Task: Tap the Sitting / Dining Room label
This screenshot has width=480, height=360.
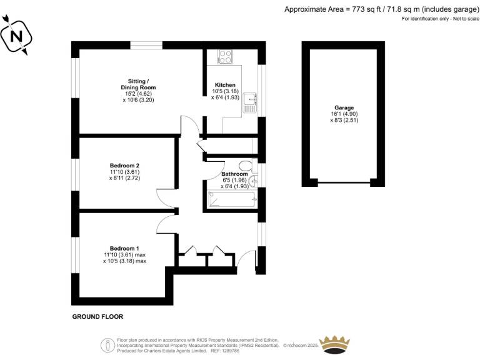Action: click(138, 84)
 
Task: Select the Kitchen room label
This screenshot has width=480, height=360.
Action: click(225, 85)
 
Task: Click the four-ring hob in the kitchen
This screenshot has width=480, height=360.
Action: click(226, 57)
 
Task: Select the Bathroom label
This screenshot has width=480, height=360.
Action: click(234, 174)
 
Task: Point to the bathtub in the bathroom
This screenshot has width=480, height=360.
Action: click(232, 199)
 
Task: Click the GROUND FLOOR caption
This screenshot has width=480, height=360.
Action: click(97, 317)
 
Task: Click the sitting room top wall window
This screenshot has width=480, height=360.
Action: click(147, 46)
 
